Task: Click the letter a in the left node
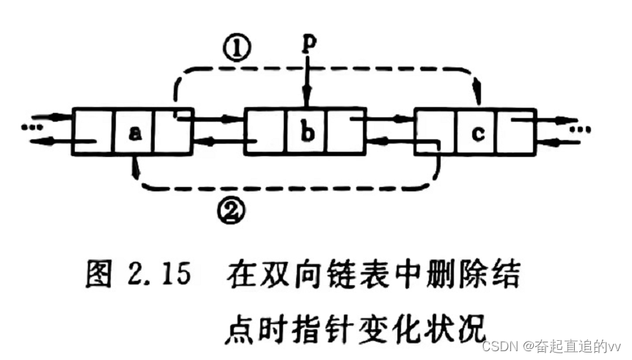(x=134, y=133)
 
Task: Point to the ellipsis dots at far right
(x=581, y=130)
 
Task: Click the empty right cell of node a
(x=173, y=133)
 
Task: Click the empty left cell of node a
(x=93, y=133)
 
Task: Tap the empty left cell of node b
(x=265, y=133)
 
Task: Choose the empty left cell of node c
(x=436, y=133)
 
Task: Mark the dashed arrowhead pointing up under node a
(x=133, y=166)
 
